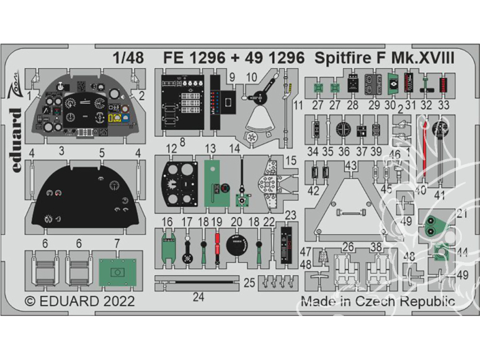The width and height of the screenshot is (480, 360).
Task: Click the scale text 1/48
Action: [128, 58]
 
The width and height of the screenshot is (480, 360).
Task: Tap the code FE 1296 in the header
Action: [194, 58]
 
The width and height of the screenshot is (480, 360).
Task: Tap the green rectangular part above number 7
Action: [116, 271]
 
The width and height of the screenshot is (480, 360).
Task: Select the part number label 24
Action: [198, 297]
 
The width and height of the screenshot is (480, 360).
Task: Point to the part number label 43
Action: [351, 165]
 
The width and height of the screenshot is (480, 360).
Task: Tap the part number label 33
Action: [443, 105]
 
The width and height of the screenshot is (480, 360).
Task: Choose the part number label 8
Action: [182, 141]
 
